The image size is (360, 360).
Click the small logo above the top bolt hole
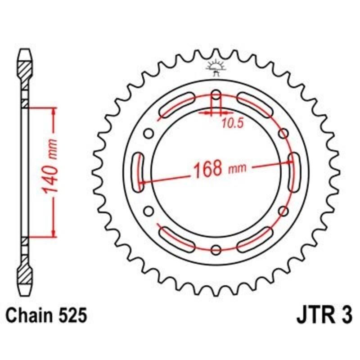tap(216, 67)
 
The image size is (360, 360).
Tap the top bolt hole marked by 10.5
tap(216, 96)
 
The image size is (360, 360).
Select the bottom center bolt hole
tap(216, 250)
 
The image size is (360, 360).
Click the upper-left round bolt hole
tap(148, 134)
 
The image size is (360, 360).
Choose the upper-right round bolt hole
tap(283, 134)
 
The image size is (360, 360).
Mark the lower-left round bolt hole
tap(148, 211)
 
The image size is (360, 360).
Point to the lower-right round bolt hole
tap(283, 211)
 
